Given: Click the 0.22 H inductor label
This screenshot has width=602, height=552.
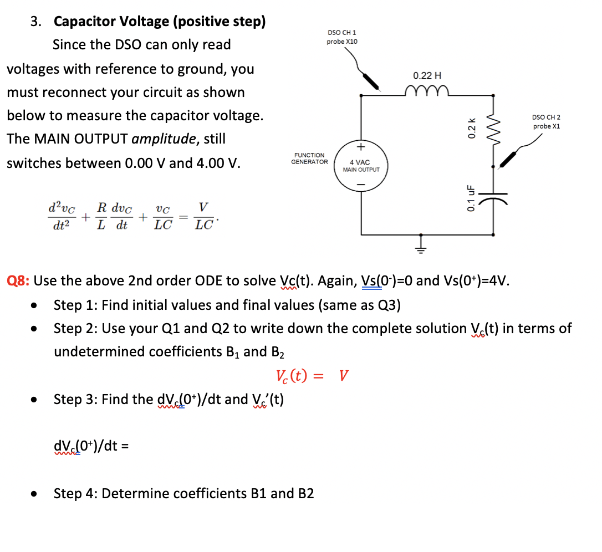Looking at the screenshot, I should [x=427, y=75].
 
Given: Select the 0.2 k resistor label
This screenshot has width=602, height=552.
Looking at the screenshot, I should [x=472, y=128].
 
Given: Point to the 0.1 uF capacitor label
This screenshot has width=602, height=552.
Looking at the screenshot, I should [x=471, y=198].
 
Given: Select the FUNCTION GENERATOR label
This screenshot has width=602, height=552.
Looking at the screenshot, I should [x=309, y=159].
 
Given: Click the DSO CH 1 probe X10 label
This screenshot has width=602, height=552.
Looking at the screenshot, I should [x=342, y=37].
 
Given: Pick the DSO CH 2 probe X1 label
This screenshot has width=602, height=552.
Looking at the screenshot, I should [x=546, y=122].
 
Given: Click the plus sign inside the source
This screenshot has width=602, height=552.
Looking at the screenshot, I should [x=361, y=147].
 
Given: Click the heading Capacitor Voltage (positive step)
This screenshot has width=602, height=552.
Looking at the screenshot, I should [x=160, y=22].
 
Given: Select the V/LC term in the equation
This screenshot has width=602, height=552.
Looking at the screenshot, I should [x=203, y=216].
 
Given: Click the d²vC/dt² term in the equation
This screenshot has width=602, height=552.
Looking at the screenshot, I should [x=62, y=216].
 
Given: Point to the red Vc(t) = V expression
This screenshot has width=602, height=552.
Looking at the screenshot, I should [x=312, y=376].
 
